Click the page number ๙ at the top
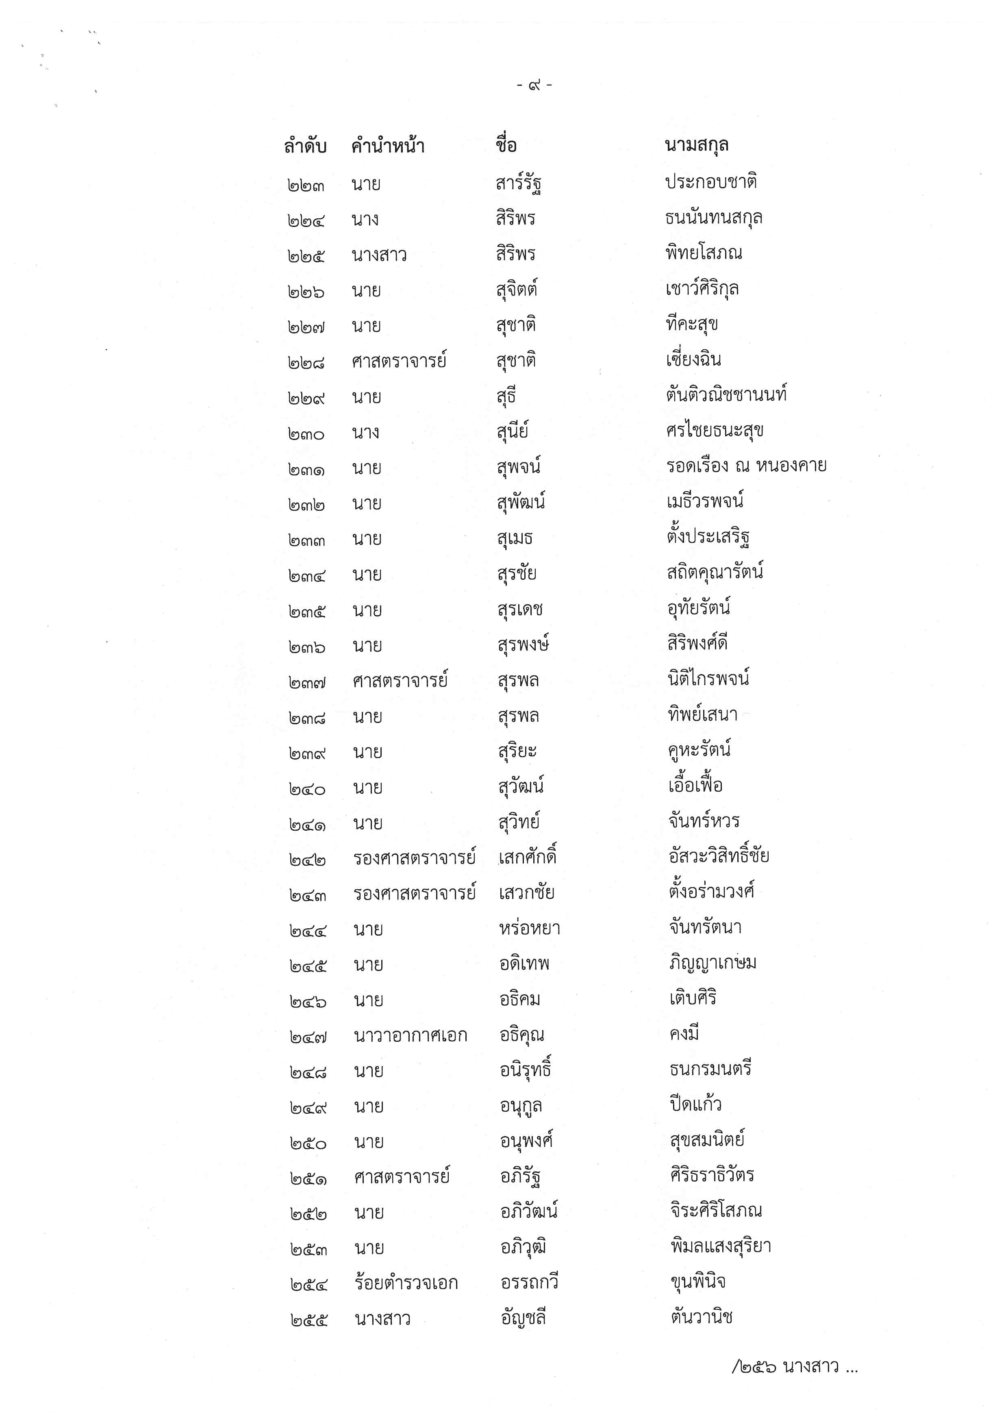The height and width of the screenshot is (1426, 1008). [534, 85]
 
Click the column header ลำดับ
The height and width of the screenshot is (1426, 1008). [305, 146]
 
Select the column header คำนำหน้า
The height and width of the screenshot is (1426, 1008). [388, 146]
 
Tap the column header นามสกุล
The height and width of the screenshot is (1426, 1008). [696, 145]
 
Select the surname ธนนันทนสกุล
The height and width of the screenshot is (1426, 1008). [714, 218]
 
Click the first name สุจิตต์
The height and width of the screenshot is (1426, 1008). [517, 290]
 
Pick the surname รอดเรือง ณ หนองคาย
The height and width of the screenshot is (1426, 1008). [746, 466]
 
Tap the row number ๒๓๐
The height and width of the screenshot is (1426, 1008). [306, 433]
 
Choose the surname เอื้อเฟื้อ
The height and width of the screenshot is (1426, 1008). [695, 786]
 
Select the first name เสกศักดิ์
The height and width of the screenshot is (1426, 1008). [528, 858]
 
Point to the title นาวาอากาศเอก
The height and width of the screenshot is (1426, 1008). [410, 1035]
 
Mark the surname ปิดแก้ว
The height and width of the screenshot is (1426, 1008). [695, 1104]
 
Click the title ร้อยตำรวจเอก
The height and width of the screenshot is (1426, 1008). [406, 1283]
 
